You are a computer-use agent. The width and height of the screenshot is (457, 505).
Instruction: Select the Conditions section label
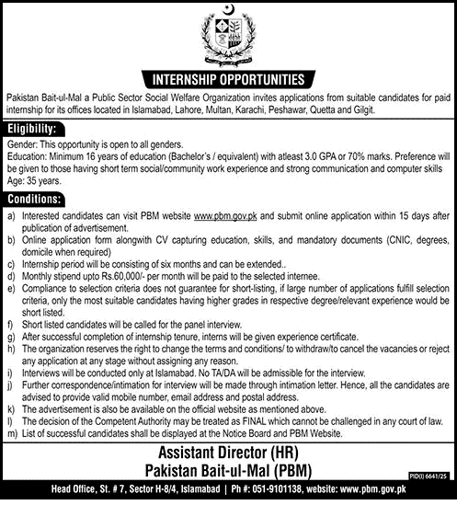coord(32,198)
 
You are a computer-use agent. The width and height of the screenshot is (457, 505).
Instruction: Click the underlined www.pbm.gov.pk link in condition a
coord(223,214)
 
